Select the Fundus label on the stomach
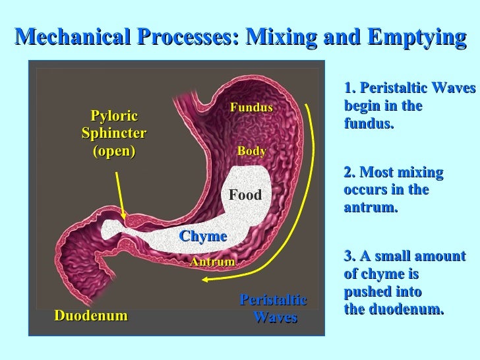pyautogui.click(x=251, y=107)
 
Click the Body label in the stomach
pyautogui.click(x=251, y=151)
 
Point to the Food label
pyautogui.click(x=245, y=195)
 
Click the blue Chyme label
pyautogui.click(x=203, y=236)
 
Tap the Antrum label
pyautogui.click(x=212, y=262)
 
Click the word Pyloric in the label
pyautogui.click(x=114, y=117)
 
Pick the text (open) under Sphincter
pyautogui.click(x=113, y=150)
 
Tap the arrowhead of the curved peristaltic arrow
pyautogui.click(x=206, y=280)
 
